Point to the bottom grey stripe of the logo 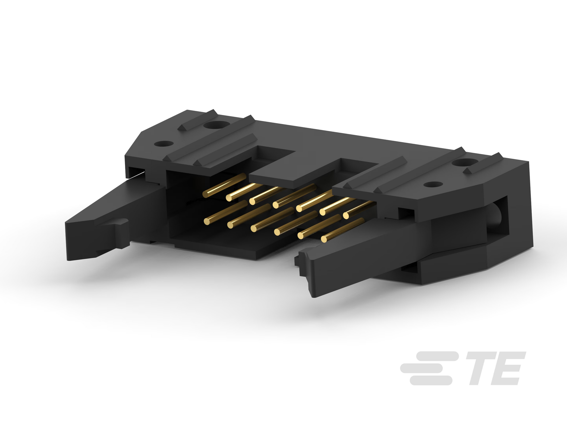tap(431, 380)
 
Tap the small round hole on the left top tap(164, 144)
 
